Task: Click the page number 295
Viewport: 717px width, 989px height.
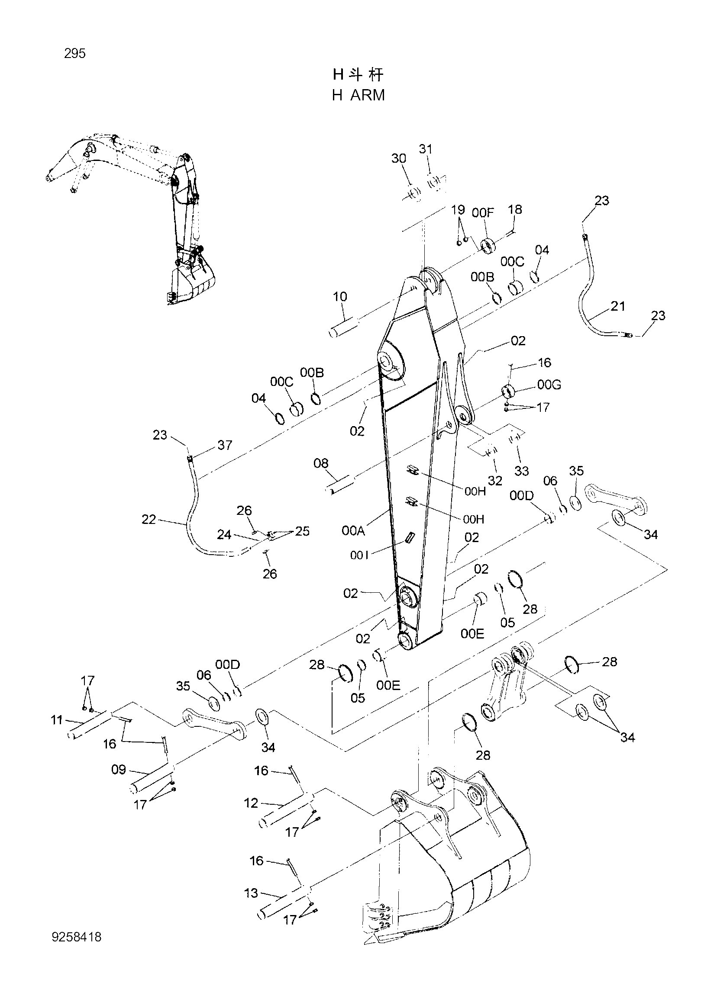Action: click(x=74, y=54)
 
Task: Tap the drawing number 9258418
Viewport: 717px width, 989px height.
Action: click(x=76, y=934)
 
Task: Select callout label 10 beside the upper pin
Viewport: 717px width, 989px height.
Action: click(x=340, y=296)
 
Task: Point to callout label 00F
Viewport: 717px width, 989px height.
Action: click(x=483, y=212)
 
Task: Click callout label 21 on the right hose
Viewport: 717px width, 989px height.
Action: click(x=618, y=306)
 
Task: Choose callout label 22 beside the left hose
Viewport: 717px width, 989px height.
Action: click(x=149, y=519)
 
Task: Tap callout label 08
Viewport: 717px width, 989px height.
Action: click(x=321, y=463)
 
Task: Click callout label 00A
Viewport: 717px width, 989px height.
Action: click(x=353, y=530)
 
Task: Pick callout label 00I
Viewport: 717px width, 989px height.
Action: click(x=360, y=555)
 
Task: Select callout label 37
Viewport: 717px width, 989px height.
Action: click(x=225, y=445)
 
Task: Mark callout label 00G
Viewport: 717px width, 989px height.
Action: click(x=549, y=385)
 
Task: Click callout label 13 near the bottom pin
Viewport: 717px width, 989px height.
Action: click(x=251, y=893)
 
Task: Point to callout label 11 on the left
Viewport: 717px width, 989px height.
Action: click(x=57, y=719)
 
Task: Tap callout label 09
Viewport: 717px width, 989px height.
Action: click(x=119, y=770)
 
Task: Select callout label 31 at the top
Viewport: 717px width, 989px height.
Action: click(x=426, y=149)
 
